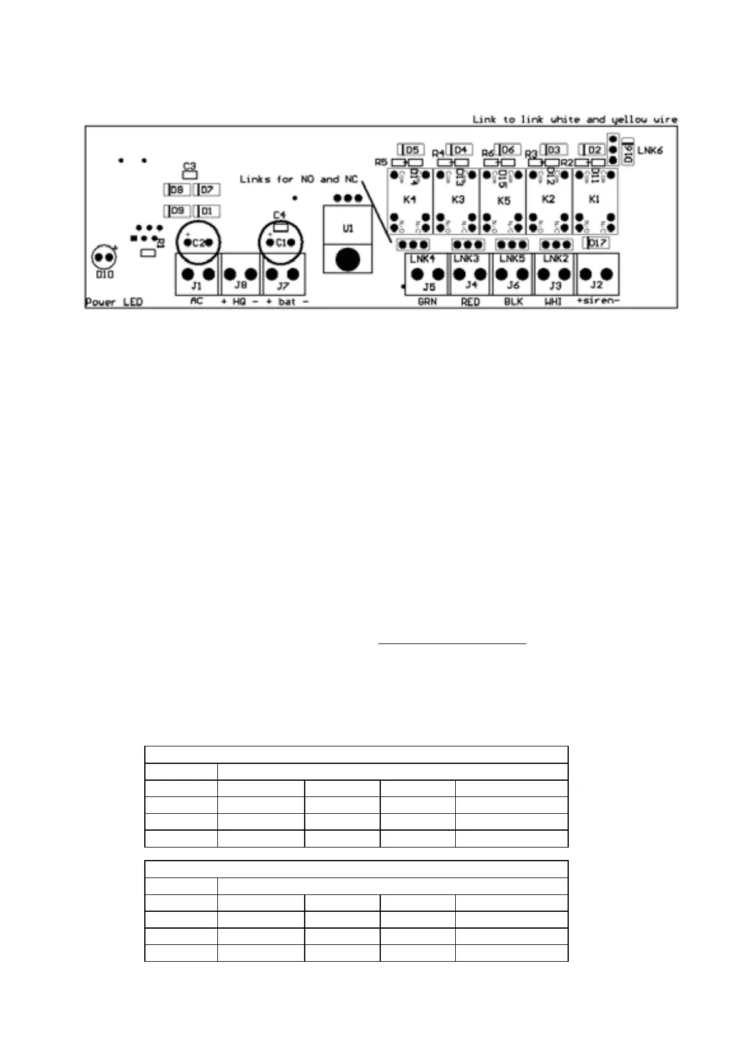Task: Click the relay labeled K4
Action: pos(410,200)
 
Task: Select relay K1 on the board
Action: pos(595,200)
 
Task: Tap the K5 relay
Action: pos(503,200)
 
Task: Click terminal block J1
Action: pos(197,275)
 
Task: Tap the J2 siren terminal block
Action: pos(597,275)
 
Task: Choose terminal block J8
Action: pos(240,275)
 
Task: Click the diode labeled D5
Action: pos(411,150)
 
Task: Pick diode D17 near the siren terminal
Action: pos(596,243)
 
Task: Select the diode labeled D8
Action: pos(177,190)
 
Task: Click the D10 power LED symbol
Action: pos(104,257)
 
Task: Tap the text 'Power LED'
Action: pos(114,303)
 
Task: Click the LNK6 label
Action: pos(650,151)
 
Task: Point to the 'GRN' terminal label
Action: pos(427,302)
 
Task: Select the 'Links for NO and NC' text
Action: pos(298,180)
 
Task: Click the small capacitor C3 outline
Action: pos(189,175)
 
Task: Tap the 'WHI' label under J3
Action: pos(553,302)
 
